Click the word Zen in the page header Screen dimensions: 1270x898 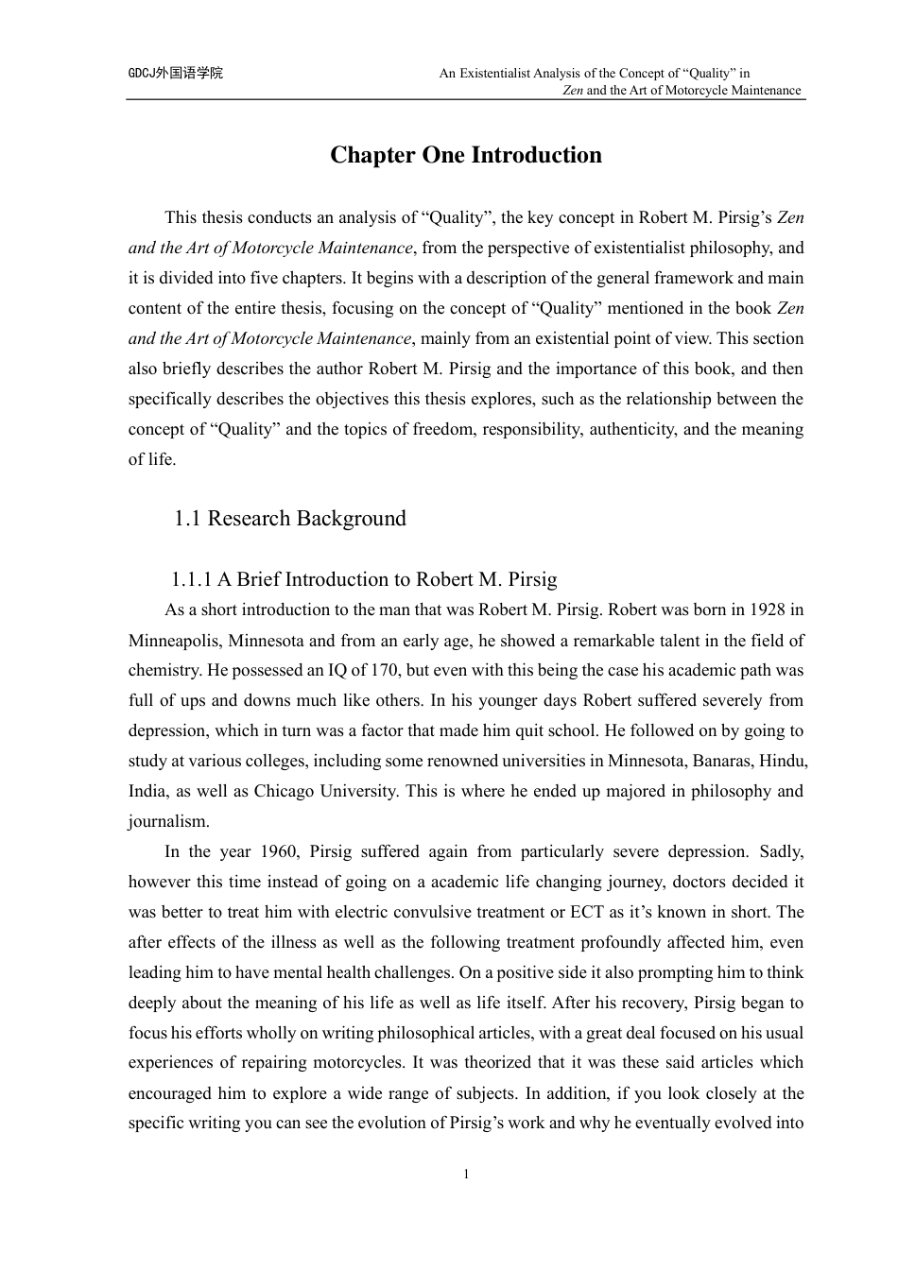572,91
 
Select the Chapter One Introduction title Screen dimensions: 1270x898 465,155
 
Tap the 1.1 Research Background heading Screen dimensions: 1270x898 290,519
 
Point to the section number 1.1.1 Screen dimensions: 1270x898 192,579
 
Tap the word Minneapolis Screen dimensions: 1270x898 173,640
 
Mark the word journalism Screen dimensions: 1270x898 168,821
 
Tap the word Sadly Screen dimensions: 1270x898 781,851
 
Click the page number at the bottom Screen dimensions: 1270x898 466,1175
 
